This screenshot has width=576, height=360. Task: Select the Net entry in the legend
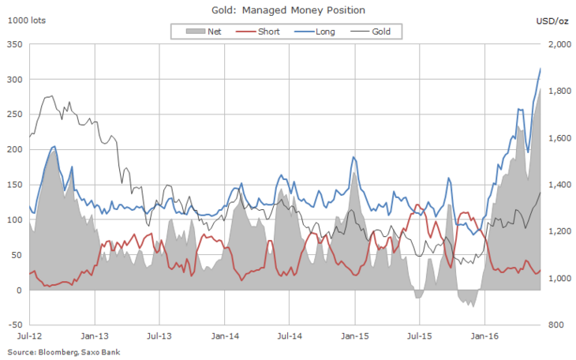204,32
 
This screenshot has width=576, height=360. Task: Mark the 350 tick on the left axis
14,45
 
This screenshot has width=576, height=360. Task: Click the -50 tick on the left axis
13,324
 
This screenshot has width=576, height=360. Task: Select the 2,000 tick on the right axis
558,45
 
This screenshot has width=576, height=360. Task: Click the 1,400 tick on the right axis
558,185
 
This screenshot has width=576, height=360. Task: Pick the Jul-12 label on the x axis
30,336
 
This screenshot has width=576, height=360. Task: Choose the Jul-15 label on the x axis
419,336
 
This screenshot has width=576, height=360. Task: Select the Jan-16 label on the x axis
484,336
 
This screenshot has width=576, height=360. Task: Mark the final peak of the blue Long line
540,69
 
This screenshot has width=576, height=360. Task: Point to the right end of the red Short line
540,271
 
